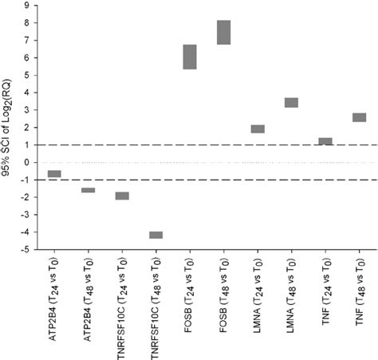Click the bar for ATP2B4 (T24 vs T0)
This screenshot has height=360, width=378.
54,174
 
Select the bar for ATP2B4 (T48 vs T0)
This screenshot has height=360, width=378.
88,190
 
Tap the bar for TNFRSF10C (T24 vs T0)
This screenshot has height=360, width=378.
122,196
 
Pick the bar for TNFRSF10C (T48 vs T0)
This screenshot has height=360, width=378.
156,235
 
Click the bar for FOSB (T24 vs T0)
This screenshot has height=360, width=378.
190,57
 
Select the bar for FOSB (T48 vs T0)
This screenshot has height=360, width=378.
223,32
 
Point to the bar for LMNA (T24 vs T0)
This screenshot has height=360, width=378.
258,129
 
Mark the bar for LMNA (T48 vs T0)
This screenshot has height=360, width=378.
291,102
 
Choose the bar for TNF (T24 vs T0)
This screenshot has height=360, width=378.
325,141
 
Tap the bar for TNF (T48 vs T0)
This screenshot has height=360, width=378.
359,117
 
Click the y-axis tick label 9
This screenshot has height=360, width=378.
28,6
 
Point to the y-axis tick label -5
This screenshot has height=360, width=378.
26,250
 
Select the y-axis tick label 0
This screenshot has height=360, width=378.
28,163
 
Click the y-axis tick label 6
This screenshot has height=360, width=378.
28,58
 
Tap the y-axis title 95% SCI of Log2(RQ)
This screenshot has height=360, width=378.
7,128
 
